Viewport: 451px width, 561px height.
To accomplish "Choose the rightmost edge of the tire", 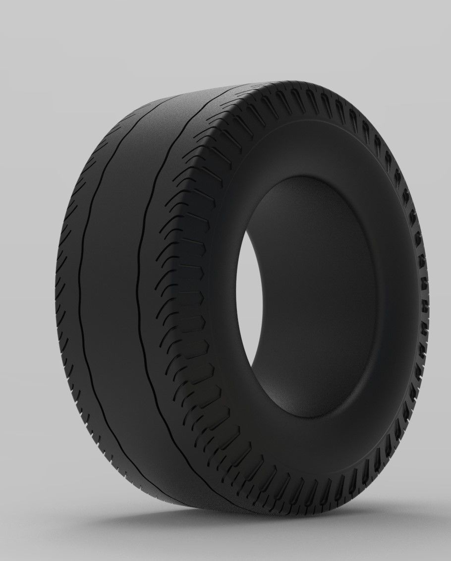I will coord(429,297).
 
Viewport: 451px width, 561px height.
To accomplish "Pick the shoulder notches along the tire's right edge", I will coord(421,278).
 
